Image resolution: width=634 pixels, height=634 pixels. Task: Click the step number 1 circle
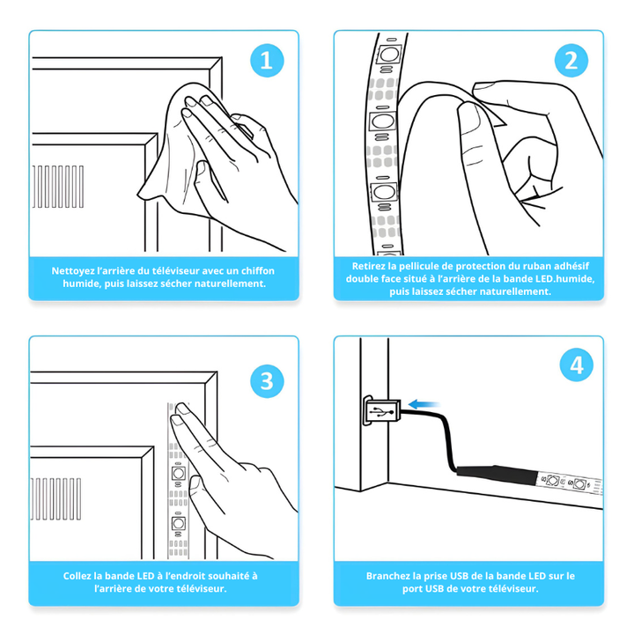pyautogui.click(x=267, y=61)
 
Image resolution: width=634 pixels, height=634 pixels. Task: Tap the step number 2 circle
pyautogui.click(x=571, y=61)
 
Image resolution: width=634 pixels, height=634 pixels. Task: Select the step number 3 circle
pyautogui.click(x=267, y=381)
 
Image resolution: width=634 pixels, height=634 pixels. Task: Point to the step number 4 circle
pyautogui.click(x=577, y=365)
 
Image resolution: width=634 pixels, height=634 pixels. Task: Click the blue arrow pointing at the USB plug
pyautogui.click(x=424, y=404)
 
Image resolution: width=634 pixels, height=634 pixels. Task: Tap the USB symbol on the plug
pyautogui.click(x=380, y=411)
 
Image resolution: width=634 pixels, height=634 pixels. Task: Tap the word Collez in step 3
pyautogui.click(x=77, y=576)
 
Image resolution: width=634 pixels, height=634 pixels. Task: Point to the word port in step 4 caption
pyautogui.click(x=412, y=589)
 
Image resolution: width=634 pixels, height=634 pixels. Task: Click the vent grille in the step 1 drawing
pyautogui.click(x=58, y=187)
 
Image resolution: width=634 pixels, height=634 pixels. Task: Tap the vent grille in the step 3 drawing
pyautogui.click(x=55, y=498)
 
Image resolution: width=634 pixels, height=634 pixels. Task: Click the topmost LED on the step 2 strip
pyautogui.click(x=389, y=54)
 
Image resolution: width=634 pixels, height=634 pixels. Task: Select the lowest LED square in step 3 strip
pyautogui.click(x=178, y=523)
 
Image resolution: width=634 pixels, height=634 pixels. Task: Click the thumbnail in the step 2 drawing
pyautogui.click(x=488, y=85)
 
